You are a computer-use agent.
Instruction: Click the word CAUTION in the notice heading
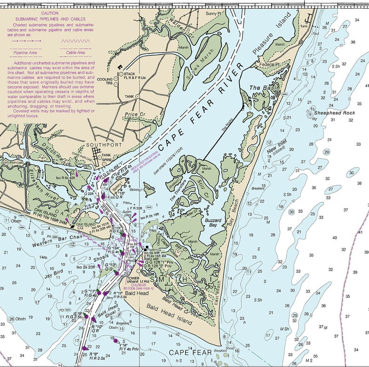49,14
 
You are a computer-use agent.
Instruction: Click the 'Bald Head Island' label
168,315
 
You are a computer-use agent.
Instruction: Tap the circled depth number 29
327,152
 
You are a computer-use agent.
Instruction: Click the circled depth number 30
291,212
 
